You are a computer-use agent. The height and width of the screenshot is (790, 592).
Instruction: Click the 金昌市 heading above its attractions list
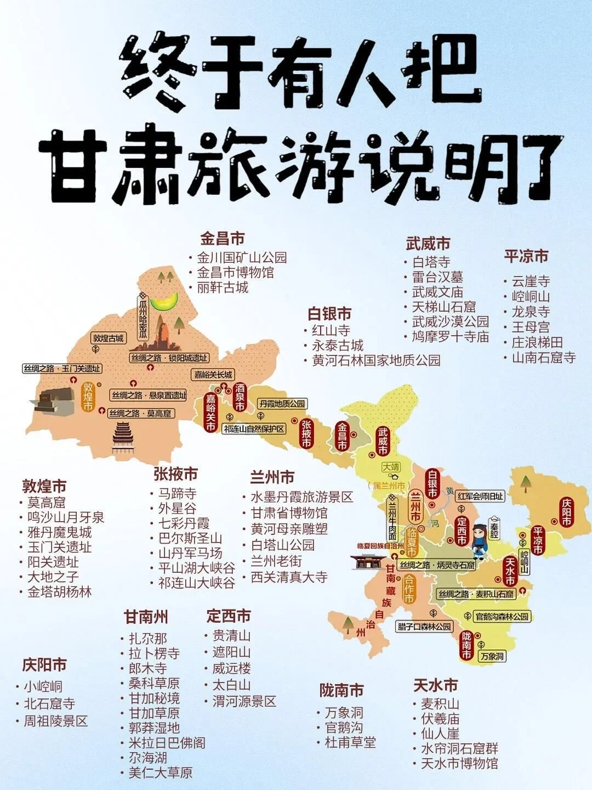[x=222, y=239]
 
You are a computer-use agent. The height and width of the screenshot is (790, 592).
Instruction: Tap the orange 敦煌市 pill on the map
[x=88, y=396]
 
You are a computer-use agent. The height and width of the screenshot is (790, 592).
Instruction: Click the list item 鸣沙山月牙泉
[x=65, y=517]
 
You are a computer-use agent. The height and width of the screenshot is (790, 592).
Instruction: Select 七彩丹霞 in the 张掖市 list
[x=184, y=523]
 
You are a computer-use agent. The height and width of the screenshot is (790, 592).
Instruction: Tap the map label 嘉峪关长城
[x=213, y=375]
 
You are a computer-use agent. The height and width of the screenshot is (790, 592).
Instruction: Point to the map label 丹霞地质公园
[x=282, y=404]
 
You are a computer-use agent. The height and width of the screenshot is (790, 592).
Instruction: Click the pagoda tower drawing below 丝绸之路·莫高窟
[x=122, y=438]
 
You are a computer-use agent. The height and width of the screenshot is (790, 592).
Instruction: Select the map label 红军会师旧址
[x=481, y=496]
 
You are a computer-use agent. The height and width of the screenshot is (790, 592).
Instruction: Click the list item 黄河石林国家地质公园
[x=376, y=360]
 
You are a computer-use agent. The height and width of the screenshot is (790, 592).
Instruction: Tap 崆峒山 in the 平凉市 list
[x=530, y=297]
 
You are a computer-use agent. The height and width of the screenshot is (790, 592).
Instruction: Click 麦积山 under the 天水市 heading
[x=440, y=704]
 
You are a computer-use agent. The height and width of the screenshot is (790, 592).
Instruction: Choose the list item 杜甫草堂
[x=350, y=743]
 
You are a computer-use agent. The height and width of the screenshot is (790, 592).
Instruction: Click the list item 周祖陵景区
[x=55, y=721]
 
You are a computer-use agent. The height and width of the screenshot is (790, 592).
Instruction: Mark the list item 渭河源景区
[x=244, y=701]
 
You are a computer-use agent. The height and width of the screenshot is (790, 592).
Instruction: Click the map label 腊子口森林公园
[x=424, y=627]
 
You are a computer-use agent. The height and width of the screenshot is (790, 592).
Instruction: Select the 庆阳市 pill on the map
[x=566, y=512]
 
